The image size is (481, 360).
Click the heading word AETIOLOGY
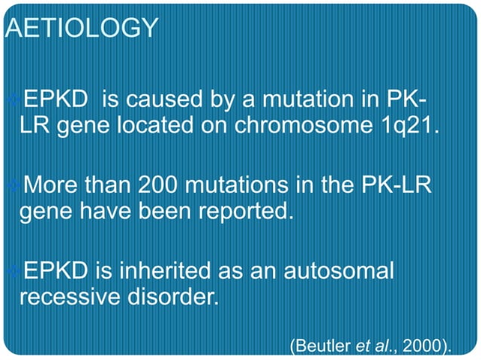click(81, 28)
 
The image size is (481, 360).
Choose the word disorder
click(174, 294)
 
